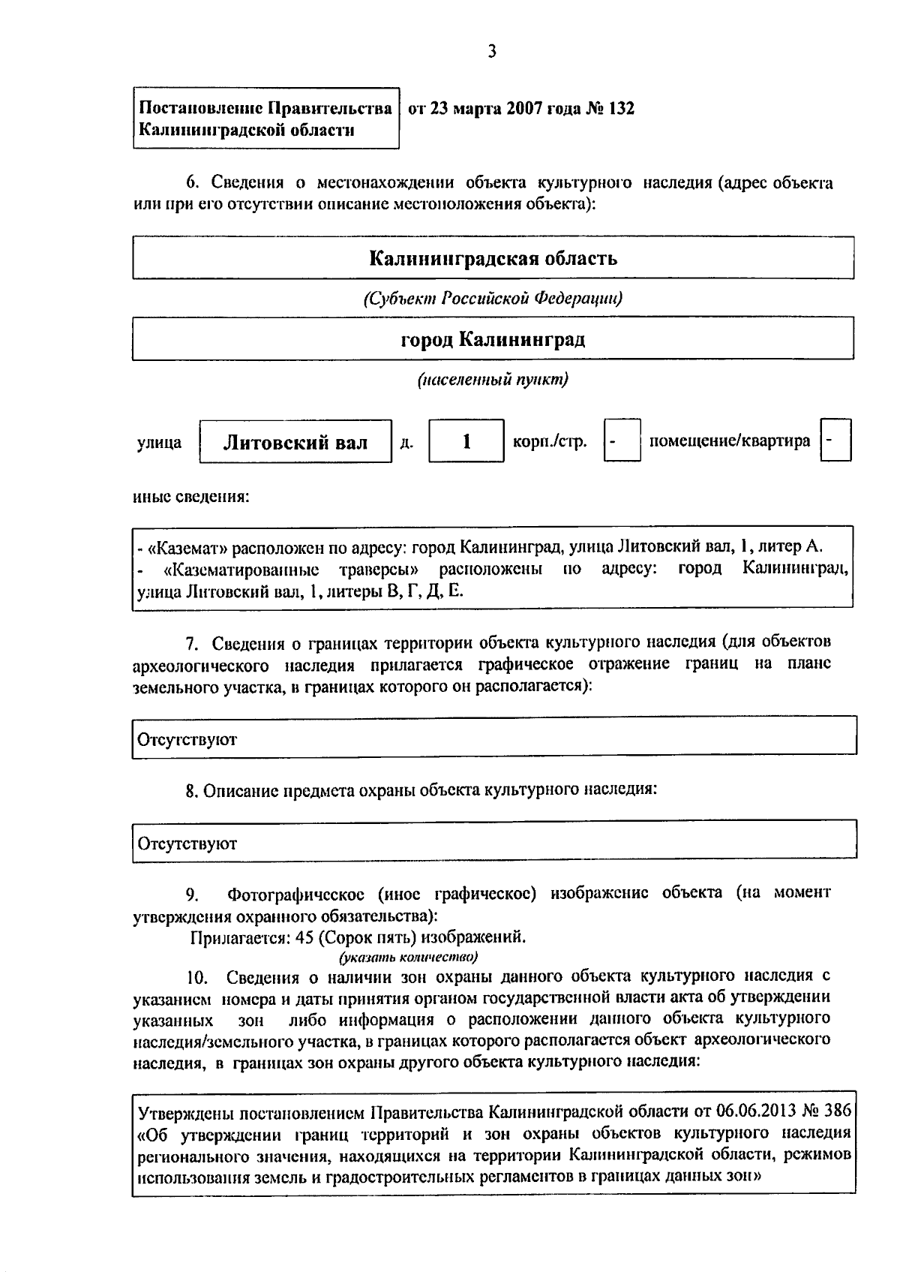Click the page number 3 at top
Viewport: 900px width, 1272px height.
tap(491, 52)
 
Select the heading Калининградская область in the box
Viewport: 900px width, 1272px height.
tap(493, 259)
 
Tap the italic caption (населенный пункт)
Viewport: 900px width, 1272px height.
tap(493, 380)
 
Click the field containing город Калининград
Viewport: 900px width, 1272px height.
tap(493, 340)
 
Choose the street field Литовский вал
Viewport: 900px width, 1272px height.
tap(295, 442)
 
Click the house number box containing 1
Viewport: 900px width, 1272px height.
tap(466, 441)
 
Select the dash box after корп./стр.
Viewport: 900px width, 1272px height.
tap(622, 441)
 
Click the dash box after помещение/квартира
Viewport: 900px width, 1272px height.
tap(835, 441)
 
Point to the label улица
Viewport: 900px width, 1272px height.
tap(159, 443)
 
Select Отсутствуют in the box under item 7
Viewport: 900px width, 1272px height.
tap(187, 740)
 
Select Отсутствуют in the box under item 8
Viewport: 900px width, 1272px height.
tap(187, 843)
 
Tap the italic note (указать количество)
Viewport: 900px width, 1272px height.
tap(408, 957)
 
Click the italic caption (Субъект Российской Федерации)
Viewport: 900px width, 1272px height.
tap(493, 299)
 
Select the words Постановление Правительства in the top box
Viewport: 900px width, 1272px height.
tap(265, 109)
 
